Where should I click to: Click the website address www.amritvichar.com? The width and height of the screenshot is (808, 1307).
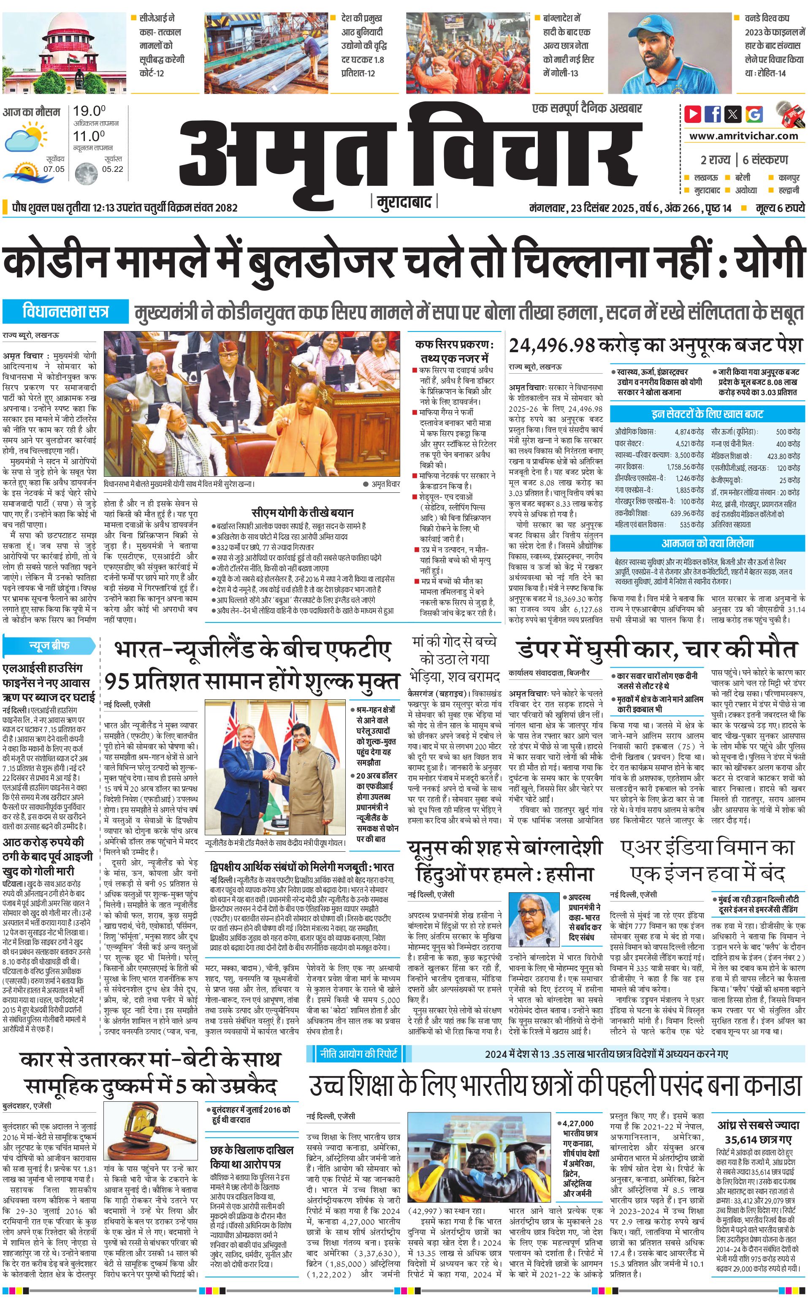(x=743, y=136)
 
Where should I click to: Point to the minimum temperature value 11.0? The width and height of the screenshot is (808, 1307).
(x=89, y=136)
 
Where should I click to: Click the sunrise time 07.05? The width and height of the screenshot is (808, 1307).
(x=54, y=169)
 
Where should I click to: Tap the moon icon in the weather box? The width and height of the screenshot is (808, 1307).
(x=86, y=173)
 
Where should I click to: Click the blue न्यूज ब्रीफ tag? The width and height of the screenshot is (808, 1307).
(x=49, y=645)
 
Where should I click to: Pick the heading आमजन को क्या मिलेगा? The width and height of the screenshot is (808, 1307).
(x=708, y=543)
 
